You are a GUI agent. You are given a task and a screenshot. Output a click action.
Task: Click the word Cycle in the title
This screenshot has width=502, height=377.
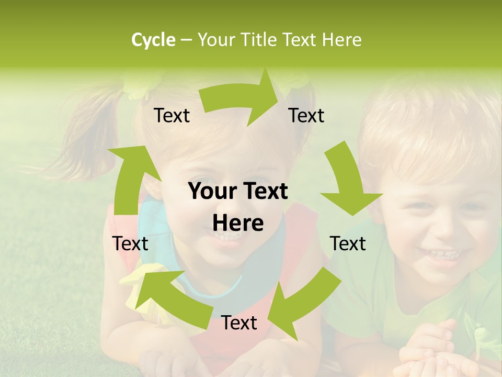coord(153,40)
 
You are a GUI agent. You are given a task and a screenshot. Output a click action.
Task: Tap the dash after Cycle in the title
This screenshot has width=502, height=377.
coord(186,40)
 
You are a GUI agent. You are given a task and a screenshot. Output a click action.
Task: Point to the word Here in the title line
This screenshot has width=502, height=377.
coord(341,40)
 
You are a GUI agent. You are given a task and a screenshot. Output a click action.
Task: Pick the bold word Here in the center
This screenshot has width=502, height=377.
coord(238,224)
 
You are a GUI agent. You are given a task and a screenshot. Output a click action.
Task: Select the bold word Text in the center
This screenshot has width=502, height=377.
coord(265,192)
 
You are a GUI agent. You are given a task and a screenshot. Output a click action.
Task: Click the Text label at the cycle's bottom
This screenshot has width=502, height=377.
coord(239,323)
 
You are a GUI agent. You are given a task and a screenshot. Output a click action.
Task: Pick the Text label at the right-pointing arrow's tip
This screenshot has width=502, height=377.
coord(306,115)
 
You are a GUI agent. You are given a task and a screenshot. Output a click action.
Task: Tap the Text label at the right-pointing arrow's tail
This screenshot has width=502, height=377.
coord(172,115)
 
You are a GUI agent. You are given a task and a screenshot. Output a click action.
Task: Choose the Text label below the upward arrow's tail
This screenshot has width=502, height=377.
coord(130,243)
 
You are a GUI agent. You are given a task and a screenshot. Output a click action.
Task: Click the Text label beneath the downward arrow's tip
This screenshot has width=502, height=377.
coord(348,243)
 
